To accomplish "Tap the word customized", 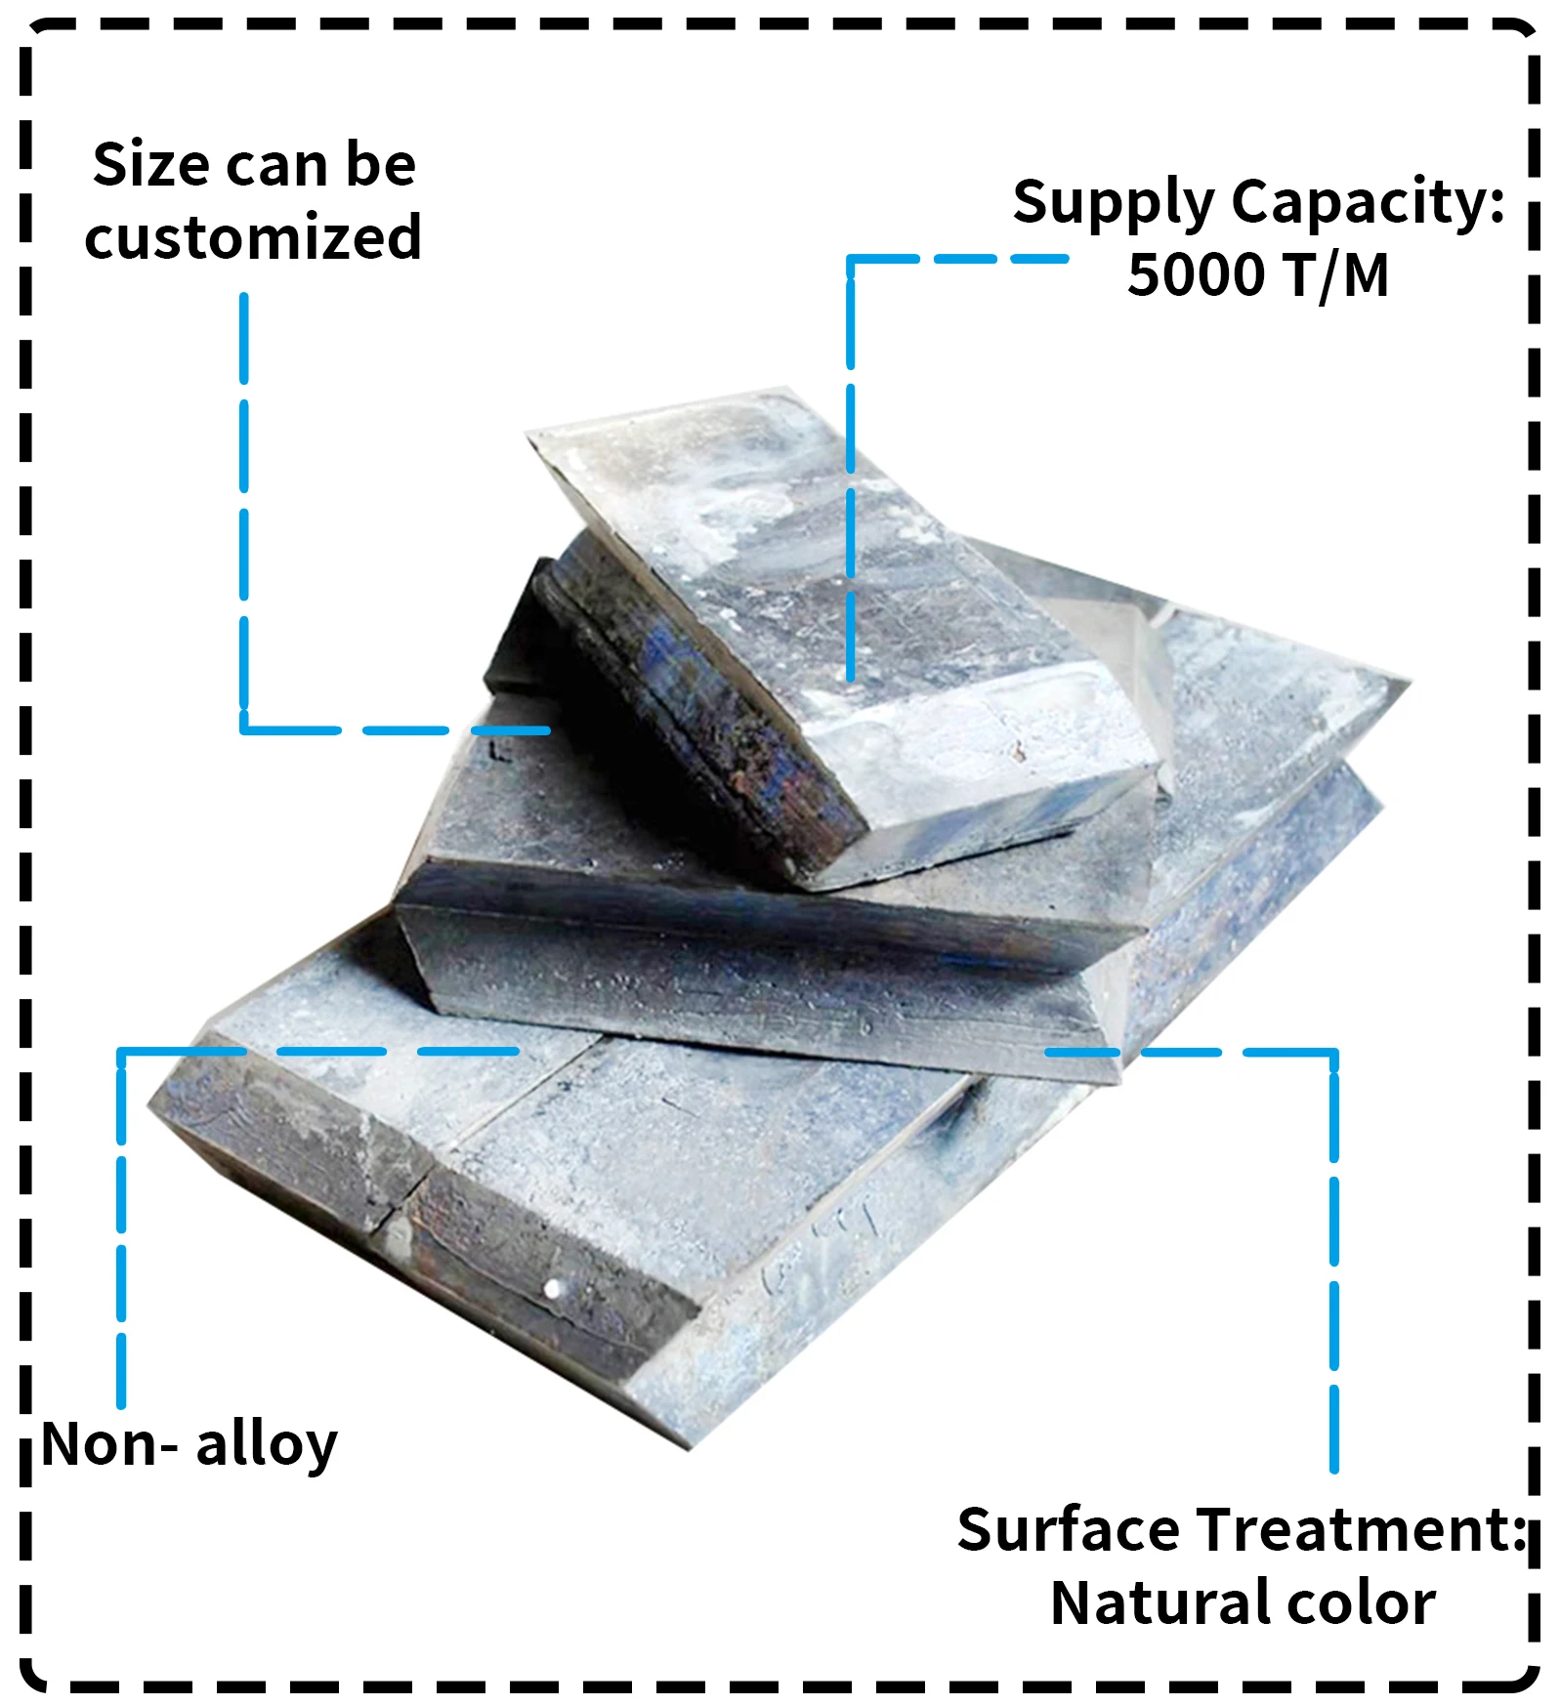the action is pos(253,237).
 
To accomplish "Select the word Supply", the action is pos(1113,203).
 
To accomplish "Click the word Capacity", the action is pos(1368,203).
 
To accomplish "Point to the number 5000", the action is pos(1196,275).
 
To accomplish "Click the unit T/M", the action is pos(1337,275).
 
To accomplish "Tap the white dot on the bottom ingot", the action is pos(553,1289).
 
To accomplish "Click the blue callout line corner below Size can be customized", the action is pos(244,729).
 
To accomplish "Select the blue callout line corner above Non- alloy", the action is pos(121,1052).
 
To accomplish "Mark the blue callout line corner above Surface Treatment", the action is pos(1333,1053).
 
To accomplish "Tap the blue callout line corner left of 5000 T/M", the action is pos(851,260).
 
